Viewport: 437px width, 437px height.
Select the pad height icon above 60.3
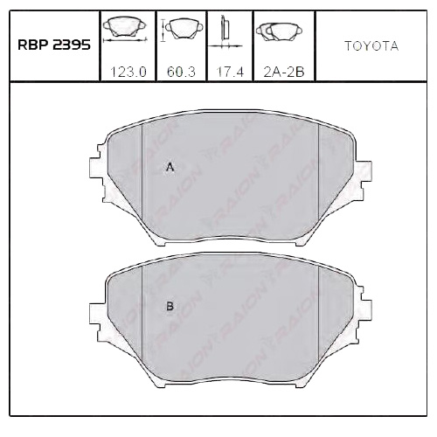click(x=179, y=31)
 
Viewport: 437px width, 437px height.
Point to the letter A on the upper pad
click(x=170, y=167)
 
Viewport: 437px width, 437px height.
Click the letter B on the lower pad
click(x=170, y=306)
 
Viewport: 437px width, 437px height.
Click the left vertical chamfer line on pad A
click(x=142, y=175)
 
